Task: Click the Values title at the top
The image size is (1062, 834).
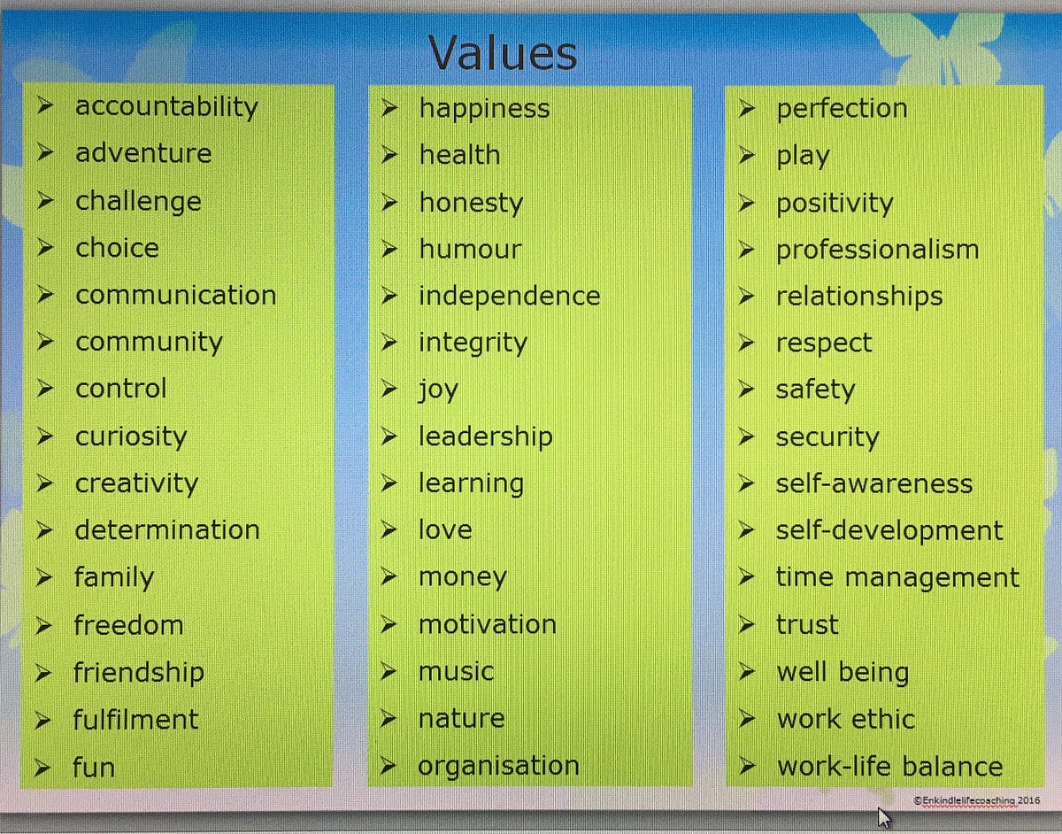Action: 503,53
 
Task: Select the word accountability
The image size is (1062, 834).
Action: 166,107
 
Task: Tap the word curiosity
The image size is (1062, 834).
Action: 131,436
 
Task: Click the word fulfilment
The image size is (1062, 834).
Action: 135,719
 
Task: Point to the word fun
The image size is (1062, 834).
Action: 94,767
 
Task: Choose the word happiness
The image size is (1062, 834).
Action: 484,109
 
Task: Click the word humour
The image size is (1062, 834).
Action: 471,250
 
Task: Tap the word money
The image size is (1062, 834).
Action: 462,578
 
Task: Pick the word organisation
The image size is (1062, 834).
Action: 498,766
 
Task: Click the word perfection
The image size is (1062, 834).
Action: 842,109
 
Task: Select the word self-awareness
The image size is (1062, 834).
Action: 874,484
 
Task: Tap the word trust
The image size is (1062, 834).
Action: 807,625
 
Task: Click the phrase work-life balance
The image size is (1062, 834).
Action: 890,766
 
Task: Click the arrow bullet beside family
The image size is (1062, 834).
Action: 44,577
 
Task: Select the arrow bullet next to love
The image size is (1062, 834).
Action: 389,529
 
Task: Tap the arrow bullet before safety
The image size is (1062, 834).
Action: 746,390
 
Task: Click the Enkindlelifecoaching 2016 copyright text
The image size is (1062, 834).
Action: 976,800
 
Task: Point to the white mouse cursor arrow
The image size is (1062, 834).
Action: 884,818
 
